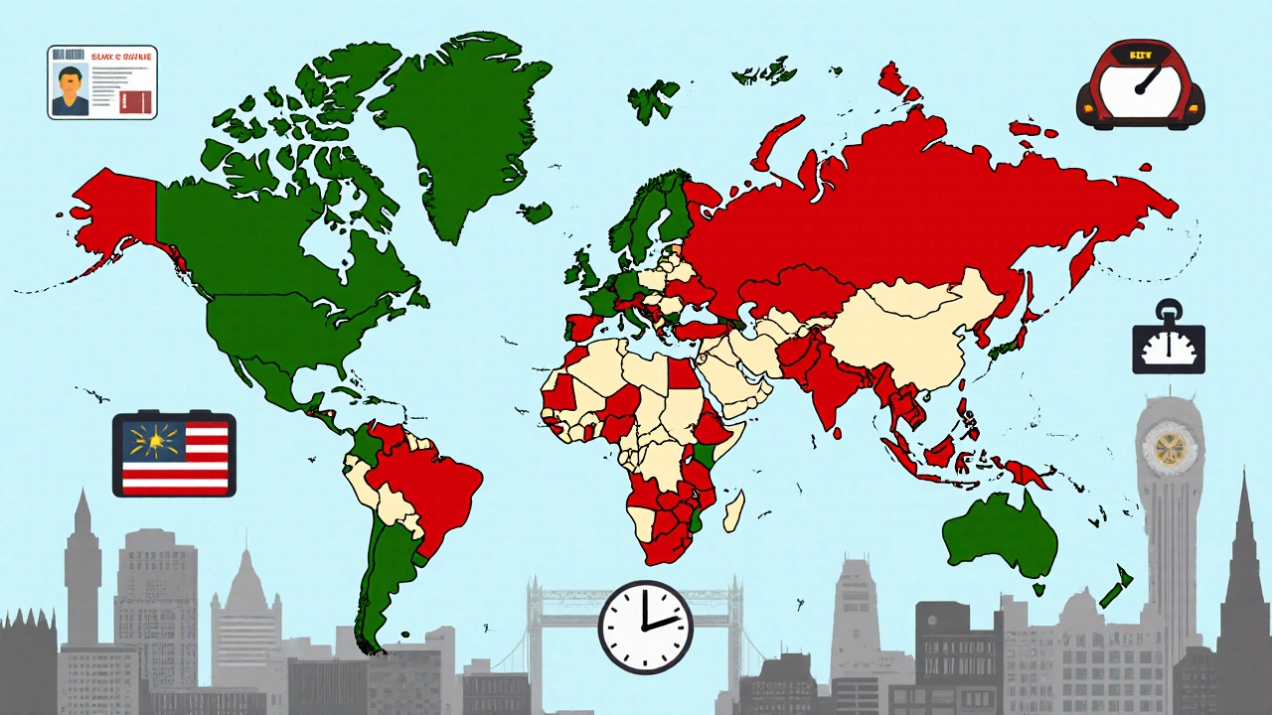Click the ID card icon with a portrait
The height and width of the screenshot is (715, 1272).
click(x=102, y=81)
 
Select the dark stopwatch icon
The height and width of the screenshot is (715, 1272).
click(x=1169, y=344)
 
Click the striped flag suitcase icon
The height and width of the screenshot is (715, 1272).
click(x=174, y=455)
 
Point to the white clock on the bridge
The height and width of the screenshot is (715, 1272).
click(x=645, y=627)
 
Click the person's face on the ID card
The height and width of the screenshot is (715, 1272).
click(x=69, y=79)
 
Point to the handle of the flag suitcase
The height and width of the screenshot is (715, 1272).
click(x=173, y=417)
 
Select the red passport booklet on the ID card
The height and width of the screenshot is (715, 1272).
click(x=131, y=99)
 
